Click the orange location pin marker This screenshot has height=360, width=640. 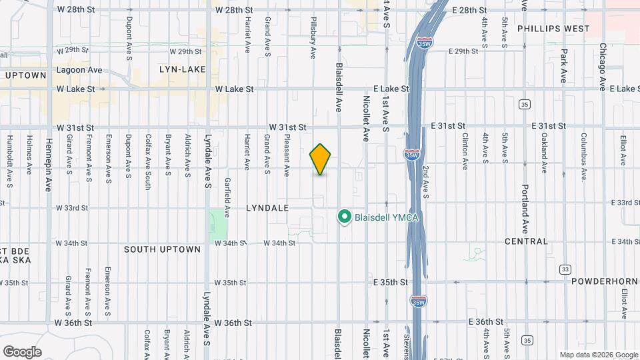[321, 159]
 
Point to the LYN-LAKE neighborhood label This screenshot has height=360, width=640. [180, 69]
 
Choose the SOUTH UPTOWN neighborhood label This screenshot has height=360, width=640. [162, 249]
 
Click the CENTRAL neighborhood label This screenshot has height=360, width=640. [526, 241]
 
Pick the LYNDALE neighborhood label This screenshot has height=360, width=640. [267, 208]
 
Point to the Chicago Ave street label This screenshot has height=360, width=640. [602, 67]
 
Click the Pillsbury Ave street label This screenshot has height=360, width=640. [313, 38]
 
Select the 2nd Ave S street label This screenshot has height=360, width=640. [425, 183]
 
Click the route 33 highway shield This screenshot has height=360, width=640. [565, 269]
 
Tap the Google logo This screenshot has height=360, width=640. [22, 352]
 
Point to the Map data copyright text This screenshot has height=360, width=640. [597, 355]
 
